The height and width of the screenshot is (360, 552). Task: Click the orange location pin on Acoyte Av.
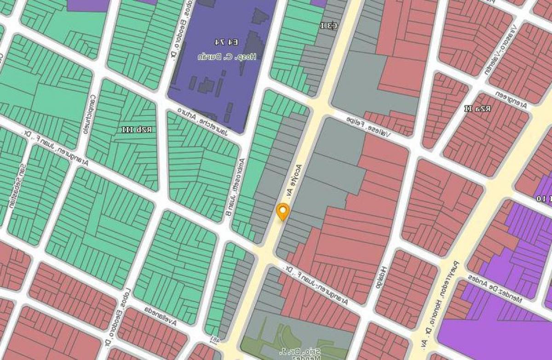click(282, 211)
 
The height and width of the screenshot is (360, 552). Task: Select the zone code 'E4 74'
click(226, 42)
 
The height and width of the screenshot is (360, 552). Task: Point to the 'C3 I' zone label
click(328, 26)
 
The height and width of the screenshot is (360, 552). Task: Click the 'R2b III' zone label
click(137, 130)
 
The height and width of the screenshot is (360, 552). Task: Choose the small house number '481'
click(215, 339)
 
